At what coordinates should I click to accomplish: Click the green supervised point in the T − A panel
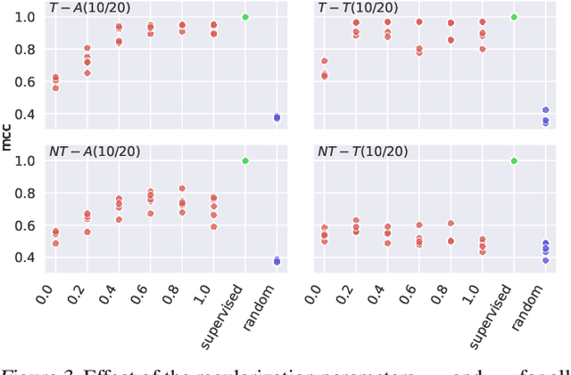coord(245,17)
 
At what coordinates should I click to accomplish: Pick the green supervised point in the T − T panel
coord(514,17)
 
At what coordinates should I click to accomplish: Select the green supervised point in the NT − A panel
coord(245,160)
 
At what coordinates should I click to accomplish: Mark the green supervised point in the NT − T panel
coord(514,160)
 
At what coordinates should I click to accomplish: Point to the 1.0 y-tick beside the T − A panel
coord(26,17)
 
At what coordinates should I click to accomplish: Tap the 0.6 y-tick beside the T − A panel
coord(26,82)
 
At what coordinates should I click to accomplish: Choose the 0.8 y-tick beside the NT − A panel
coord(26,193)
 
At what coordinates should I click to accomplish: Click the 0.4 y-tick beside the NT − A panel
coord(26,257)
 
